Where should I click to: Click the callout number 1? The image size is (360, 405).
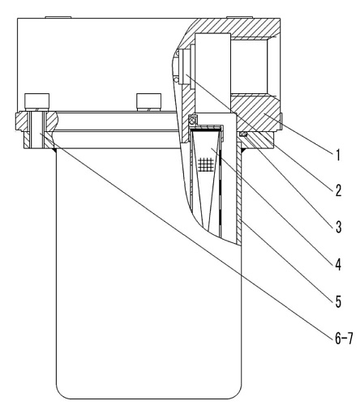coord(337,156)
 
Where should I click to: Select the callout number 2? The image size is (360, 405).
coord(338,190)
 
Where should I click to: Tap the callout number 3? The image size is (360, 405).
coord(338,227)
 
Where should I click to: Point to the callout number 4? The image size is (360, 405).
coord(338,264)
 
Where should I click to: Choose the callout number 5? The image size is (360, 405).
coord(338,301)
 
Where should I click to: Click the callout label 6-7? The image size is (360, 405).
coord(344,339)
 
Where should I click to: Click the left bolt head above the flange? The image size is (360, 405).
coord(37,102)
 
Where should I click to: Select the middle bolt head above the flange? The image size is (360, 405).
coord(148,102)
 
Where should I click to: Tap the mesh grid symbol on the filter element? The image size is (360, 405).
coord(206,164)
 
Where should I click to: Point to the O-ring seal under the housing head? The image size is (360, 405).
coord(243,134)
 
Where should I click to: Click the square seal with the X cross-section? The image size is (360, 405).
coord(193,119)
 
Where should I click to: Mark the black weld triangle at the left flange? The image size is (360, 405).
coord(54,150)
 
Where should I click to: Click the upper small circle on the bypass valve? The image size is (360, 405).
coord(177,53)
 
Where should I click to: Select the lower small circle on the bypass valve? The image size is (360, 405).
coord(176,79)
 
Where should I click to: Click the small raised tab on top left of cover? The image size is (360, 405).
coord(58,17)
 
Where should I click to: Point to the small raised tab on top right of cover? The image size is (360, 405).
coord(239,17)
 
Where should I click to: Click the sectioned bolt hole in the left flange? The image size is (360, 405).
coord(36,130)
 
